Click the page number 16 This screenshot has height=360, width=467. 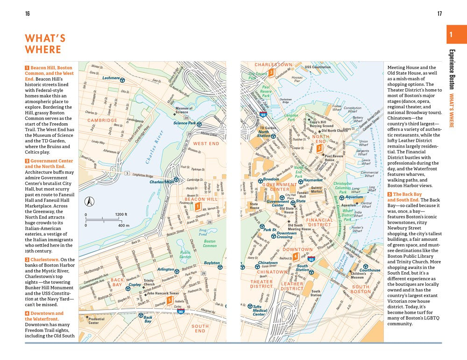(28, 14)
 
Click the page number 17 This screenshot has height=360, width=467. (439, 14)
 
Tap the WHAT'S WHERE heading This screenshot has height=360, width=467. (45, 44)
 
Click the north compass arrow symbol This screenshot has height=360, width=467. (88, 202)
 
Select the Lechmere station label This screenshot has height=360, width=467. (111, 78)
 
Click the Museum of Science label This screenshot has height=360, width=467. (184, 110)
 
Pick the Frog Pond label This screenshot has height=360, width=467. (203, 232)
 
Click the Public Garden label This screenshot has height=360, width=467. (185, 254)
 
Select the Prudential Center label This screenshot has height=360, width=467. (93, 321)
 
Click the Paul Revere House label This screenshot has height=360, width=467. (334, 158)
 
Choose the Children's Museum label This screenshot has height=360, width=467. (358, 275)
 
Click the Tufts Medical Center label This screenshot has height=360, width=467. (260, 311)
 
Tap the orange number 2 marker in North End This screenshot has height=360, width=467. (319, 148)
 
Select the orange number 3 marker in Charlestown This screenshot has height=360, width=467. (270, 72)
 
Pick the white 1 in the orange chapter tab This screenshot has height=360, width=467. (451, 35)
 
